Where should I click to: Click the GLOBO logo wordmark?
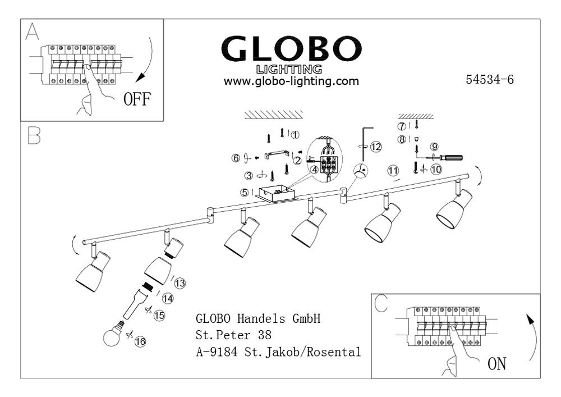click(x=291, y=48)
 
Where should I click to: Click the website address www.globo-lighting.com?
click(x=291, y=81)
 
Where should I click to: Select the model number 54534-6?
click(x=489, y=79)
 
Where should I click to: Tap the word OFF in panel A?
click(x=137, y=99)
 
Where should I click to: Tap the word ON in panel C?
click(x=497, y=364)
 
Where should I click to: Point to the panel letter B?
click(x=34, y=136)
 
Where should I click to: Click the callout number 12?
click(x=376, y=147)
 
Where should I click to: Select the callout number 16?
click(x=140, y=341)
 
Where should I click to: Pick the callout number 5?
click(x=245, y=192)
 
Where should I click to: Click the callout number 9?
click(x=434, y=147)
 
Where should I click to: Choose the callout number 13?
click(x=180, y=283)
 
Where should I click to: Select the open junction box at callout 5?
click(x=275, y=194)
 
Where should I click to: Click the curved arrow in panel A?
click(x=150, y=61)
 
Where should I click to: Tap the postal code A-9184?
click(x=217, y=352)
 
